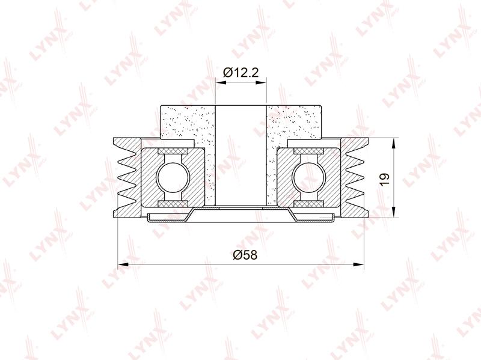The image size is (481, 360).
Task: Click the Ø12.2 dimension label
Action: pyautogui.click(x=241, y=73)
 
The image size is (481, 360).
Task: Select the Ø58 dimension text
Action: pyautogui.click(x=245, y=255)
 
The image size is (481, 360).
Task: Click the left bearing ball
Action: pyautogui.click(x=173, y=177)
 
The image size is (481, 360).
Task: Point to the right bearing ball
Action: pyautogui.click(x=308, y=177)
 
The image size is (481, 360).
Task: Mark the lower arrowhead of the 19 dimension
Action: pyautogui.click(x=394, y=212)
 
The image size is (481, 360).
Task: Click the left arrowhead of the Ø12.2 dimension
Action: pyautogui.click(x=221, y=82)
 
